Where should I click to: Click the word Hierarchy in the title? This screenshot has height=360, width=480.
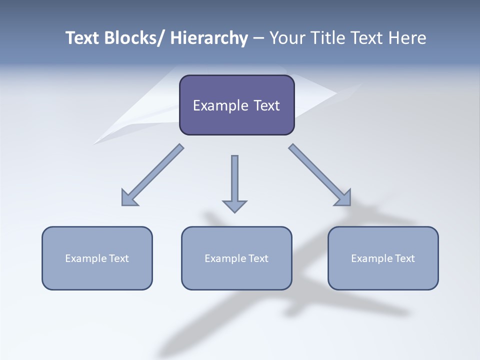click(x=209, y=38)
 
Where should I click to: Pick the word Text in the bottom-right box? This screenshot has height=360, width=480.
click(x=404, y=258)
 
